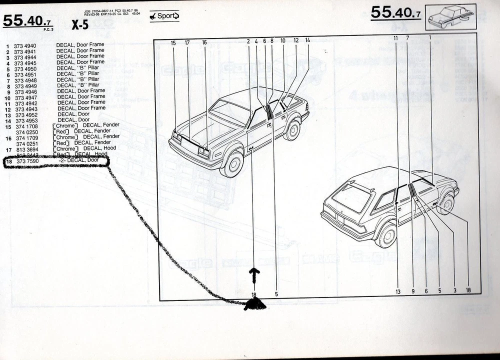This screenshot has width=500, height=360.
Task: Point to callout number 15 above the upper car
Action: point(173,43)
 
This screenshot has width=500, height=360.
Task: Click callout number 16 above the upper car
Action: point(204,43)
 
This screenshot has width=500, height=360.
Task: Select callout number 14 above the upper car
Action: point(307,41)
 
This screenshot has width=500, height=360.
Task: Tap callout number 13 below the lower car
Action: point(398,291)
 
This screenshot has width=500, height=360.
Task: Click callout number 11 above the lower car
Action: point(395,38)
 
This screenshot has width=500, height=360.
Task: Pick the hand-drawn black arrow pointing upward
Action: point(255,273)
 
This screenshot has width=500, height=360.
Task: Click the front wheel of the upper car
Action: point(231,164)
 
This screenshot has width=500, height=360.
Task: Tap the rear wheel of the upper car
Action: point(291,130)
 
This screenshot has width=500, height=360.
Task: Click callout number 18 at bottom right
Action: point(468,290)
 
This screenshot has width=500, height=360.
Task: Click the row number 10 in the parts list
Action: point(7,97)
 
